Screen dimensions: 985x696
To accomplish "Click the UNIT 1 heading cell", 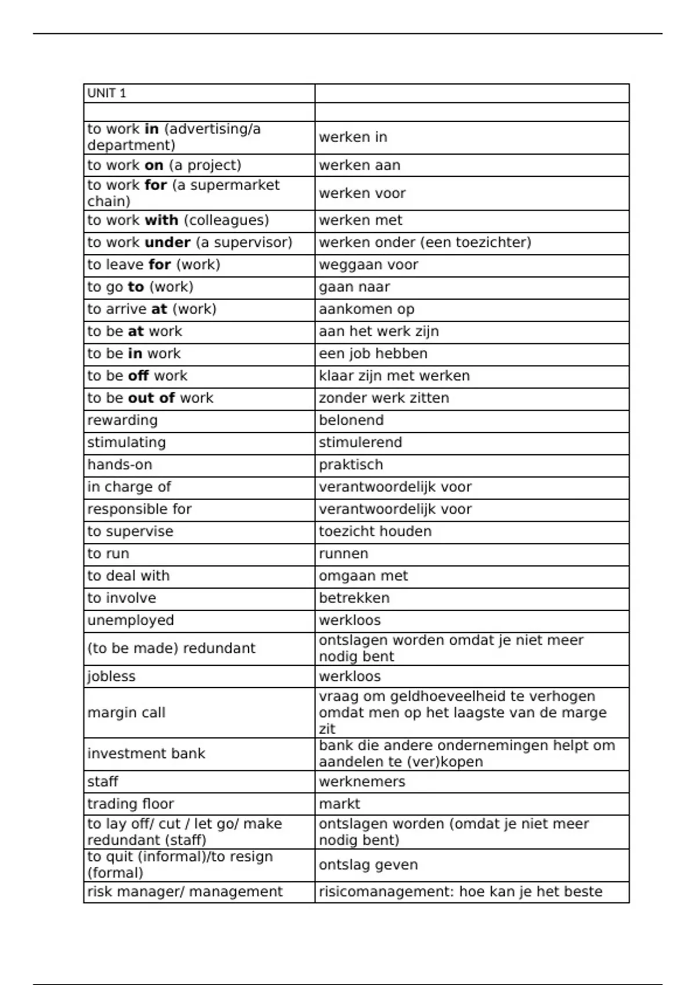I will point(107,93).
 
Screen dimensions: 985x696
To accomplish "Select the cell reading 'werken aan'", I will point(359,165).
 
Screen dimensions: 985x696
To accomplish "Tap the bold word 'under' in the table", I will point(168,242).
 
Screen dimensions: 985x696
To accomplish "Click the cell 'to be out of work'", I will point(150,398).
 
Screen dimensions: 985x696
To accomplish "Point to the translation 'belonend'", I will point(351,420).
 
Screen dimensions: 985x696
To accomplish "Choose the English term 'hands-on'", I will point(119,465).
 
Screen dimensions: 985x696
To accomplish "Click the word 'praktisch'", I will point(350,465).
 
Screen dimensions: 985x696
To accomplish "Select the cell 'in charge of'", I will point(129,487).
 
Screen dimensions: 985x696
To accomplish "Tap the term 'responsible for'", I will point(139,509).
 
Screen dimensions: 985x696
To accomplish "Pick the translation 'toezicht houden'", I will point(375,531).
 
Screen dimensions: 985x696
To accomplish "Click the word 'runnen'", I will point(343,553).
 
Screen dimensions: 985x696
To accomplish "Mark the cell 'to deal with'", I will point(128,576).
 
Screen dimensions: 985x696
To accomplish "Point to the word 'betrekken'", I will point(354,598).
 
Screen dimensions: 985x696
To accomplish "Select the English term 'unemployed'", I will point(130,620).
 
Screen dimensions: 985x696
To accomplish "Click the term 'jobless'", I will point(111,676).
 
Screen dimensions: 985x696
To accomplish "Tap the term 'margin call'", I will point(126,713).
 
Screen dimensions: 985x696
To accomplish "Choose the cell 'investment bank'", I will point(146,753).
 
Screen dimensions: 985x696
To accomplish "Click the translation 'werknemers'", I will point(362,782).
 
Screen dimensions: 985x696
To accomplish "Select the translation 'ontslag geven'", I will point(368,864).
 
